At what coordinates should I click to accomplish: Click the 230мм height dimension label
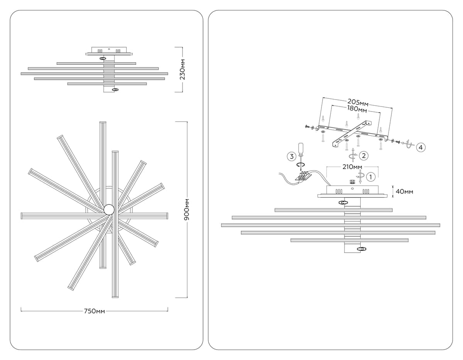[182, 69]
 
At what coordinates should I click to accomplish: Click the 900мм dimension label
[187, 210]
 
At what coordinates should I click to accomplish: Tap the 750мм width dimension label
[95, 311]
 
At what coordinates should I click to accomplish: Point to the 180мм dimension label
[357, 109]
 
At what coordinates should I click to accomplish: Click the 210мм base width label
[352, 167]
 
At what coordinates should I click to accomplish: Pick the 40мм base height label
[404, 191]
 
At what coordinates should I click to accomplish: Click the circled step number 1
[371, 177]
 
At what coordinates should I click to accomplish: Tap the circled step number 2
[364, 156]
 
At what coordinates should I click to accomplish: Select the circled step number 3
[291, 157]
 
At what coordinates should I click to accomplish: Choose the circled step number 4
[421, 147]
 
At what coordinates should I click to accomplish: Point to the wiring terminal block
[303, 177]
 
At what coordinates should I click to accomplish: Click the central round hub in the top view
[109, 209]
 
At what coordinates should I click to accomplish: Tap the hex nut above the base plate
[353, 182]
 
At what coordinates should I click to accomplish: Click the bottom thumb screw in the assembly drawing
[362, 248]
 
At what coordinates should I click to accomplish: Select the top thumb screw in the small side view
[103, 58]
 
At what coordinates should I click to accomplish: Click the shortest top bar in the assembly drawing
[334, 210]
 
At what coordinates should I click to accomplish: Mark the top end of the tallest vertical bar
[103, 122]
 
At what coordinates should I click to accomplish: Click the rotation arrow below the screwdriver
[301, 164]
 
